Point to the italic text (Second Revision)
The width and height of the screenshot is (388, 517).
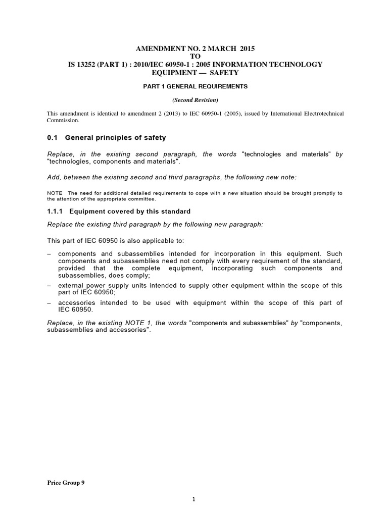(195, 100)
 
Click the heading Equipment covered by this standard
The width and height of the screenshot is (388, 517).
(130, 211)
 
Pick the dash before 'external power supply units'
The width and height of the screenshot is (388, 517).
(48, 286)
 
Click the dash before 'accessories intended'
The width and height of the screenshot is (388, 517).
(48, 303)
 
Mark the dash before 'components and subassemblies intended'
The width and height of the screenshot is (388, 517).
(48, 253)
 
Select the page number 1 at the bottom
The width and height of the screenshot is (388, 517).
(193, 500)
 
